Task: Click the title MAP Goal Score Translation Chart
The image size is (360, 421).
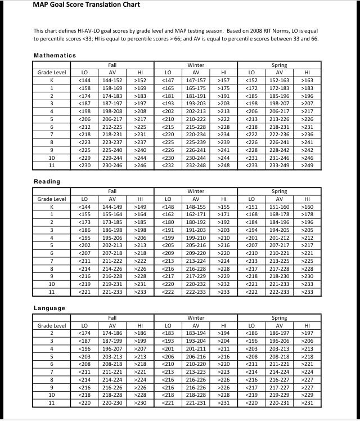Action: pyautogui.click(x=87, y=5)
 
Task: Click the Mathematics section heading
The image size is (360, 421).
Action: pyautogui.click(x=55, y=55)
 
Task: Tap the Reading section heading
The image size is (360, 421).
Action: pyautogui.click(x=47, y=182)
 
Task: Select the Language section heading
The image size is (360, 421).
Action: pyautogui.click(x=49, y=308)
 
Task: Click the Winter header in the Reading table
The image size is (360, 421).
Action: pyautogui.click(x=196, y=191)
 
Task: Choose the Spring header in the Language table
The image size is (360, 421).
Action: pyautogui.click(x=280, y=318)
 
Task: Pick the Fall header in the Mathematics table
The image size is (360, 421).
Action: pyautogui.click(x=112, y=65)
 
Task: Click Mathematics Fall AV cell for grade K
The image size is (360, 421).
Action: pyautogui.click(x=112, y=80)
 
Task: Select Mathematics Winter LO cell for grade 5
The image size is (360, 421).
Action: pyautogui.click(x=168, y=119)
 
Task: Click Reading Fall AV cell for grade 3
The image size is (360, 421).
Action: pyautogui.click(x=112, y=230)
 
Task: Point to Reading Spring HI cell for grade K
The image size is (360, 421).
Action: pyautogui.click(x=307, y=207)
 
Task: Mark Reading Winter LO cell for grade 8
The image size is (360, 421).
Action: pyautogui.click(x=168, y=269)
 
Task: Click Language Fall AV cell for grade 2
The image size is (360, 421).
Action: pyautogui.click(x=112, y=333)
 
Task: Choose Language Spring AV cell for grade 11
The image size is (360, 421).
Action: pyautogui.click(x=280, y=403)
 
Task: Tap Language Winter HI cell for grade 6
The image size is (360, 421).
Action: pyautogui.click(x=224, y=365)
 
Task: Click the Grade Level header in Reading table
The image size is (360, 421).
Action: pyautogui.click(x=52, y=199)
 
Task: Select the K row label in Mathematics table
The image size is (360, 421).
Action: pyautogui.click(x=52, y=80)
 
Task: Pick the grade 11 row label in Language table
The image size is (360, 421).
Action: pyautogui.click(x=52, y=403)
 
